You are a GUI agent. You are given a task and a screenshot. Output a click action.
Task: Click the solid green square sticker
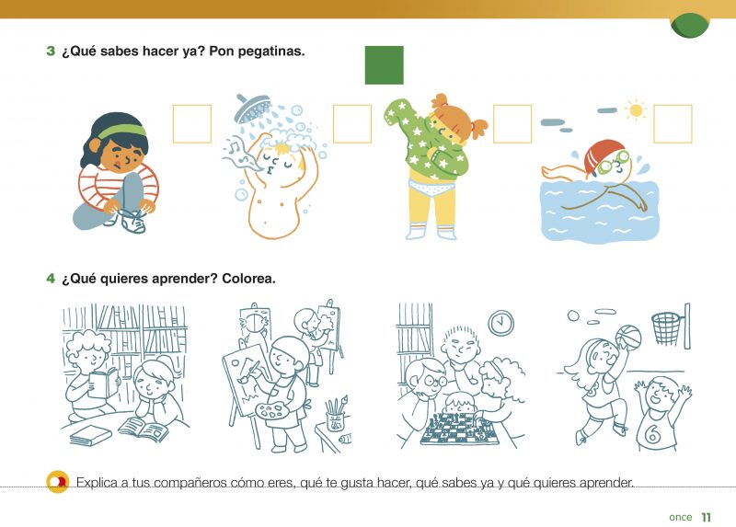384,65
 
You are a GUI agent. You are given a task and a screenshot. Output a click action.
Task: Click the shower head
252,108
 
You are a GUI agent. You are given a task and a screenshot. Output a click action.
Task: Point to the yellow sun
636,110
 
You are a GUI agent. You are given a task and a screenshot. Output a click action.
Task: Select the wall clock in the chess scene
500,323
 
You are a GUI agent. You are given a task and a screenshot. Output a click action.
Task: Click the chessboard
456,430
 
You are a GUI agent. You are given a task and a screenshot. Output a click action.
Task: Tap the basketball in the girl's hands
628,337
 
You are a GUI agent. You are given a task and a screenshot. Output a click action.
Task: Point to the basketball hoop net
665,328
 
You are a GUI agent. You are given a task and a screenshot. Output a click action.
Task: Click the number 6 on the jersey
652,434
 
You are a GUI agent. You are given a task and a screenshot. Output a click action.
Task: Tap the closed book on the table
90,436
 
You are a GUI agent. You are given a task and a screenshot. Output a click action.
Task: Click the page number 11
707,517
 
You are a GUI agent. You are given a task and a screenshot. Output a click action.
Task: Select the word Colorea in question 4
248,279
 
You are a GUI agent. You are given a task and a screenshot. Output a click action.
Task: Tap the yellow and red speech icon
58,482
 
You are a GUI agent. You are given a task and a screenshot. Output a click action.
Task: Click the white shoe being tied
132,222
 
